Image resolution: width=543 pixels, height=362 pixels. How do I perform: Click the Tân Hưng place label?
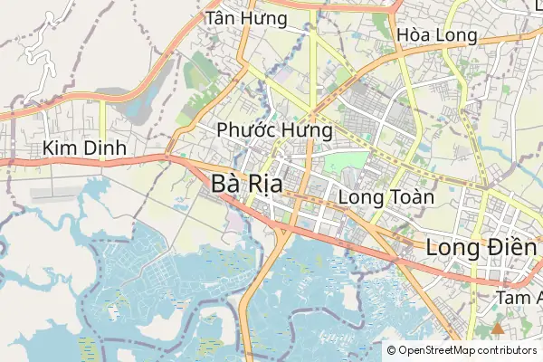pyautogui.click(x=246, y=19)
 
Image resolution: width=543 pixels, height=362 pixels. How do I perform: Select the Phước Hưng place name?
pyautogui.click(x=275, y=130)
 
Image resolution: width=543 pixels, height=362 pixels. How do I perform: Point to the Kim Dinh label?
pyautogui.click(x=82, y=148)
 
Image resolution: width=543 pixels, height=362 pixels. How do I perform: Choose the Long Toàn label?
pyautogui.click(x=386, y=196)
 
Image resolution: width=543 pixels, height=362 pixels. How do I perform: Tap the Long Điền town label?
pyautogui.click(x=482, y=245)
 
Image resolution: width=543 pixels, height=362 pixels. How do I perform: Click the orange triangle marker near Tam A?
pyautogui.click(x=497, y=328)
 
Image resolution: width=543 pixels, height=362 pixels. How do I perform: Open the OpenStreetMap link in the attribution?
pyautogui.click(x=432, y=350)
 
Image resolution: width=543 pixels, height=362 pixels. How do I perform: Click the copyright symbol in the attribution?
pyautogui.click(x=391, y=350)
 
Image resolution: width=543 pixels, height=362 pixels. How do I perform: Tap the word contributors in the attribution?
pyautogui.click(x=502, y=350)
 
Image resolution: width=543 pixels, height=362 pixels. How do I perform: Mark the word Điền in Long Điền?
pyautogui.click(x=513, y=245)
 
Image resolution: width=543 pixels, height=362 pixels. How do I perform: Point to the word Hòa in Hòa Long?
pyautogui.click(x=413, y=35)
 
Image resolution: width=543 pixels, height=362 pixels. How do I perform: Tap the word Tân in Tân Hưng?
pyautogui.click(x=224, y=19)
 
